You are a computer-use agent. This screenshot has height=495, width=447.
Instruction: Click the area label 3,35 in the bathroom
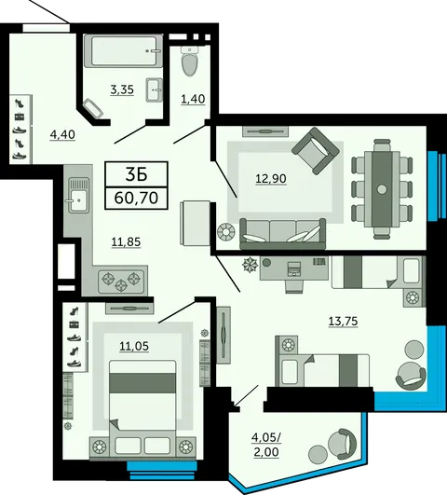122,90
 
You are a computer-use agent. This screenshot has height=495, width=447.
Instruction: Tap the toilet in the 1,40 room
190,61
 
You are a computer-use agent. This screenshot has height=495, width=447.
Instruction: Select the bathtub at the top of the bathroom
124,51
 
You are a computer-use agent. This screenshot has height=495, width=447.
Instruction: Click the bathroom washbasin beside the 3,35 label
155,90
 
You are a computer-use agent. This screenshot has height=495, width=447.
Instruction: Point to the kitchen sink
78,196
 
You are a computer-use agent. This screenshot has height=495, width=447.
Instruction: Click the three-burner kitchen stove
122,280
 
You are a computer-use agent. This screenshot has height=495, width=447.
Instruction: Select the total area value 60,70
136,199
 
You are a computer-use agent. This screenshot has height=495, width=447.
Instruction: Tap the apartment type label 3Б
136,174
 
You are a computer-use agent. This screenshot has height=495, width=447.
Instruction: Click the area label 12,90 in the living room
271,179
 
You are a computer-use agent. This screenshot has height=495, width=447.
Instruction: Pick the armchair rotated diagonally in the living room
316,151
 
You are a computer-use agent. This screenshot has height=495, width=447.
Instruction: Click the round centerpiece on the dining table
382,189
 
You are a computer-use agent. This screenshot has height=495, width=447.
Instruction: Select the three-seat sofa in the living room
283,234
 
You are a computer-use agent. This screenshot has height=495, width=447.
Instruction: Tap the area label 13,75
344,322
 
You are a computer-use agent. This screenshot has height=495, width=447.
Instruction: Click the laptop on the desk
294,269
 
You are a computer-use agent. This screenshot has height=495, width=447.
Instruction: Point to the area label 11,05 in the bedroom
134,347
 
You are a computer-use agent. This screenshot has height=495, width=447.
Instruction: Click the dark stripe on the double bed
142,383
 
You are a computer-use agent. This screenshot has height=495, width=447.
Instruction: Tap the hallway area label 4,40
62,135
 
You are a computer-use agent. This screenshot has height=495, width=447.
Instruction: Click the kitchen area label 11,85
126,242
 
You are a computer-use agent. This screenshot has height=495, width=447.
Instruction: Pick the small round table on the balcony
318,454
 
